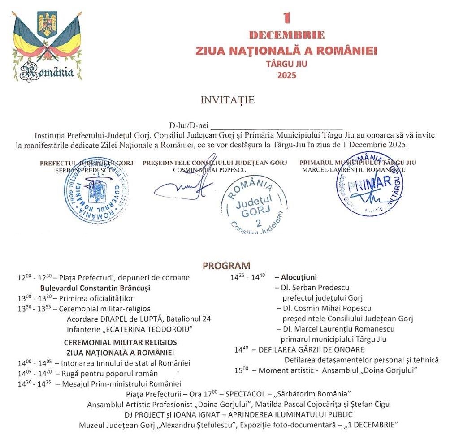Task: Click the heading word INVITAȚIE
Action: pyautogui.click(x=228, y=100)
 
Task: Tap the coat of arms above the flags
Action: pyautogui.click(x=47, y=25)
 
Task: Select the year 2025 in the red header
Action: pyautogui.click(x=287, y=75)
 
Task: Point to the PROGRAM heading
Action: pyautogui.click(x=226, y=266)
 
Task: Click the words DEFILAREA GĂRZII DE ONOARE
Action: pyautogui.click(x=311, y=349)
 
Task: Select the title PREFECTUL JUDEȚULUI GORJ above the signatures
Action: pyautogui.click(x=87, y=163)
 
